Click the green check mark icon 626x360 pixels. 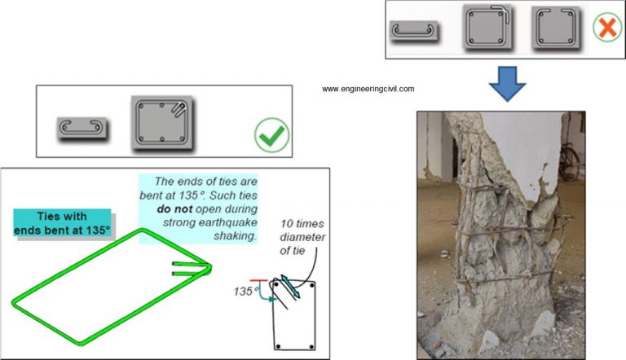tap(271, 134)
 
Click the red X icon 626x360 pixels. tap(606, 29)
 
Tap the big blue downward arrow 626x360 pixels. tap(507, 84)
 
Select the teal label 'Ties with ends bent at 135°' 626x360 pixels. tap(61, 222)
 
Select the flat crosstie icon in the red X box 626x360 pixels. tap(415, 32)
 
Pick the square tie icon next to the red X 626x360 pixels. tap(555, 28)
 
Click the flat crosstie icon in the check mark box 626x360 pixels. tap(82, 128)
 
